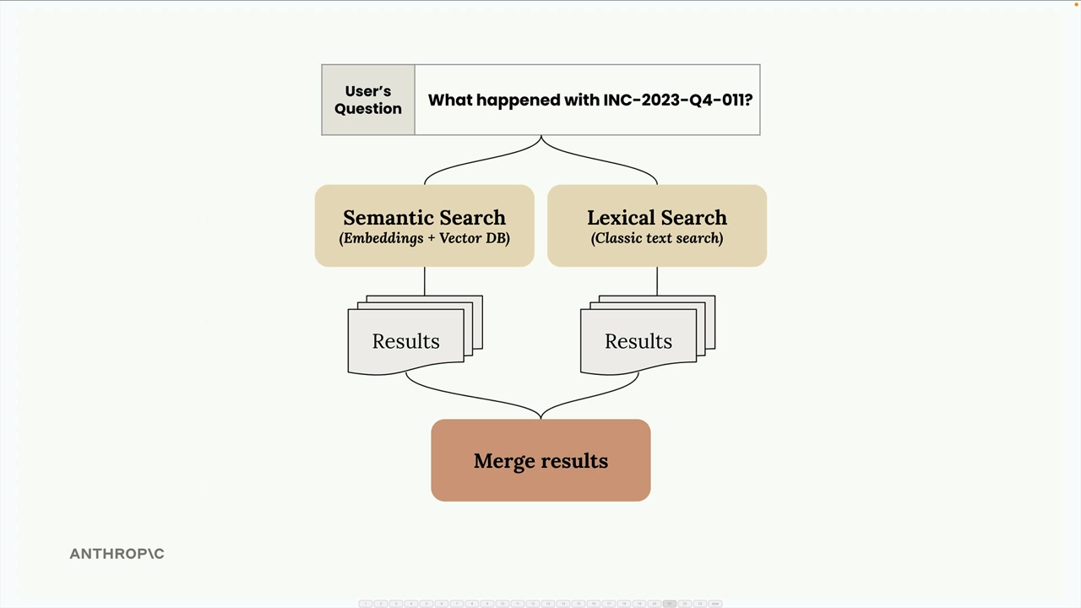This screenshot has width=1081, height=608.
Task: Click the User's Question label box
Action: point(368,100)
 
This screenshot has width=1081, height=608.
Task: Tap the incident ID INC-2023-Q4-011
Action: point(674,100)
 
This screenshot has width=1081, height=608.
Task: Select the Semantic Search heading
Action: point(424,218)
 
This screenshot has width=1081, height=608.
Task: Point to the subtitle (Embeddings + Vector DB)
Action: point(424,238)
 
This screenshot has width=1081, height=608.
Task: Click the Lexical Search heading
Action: point(657,218)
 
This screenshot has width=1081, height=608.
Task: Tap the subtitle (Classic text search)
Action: point(657,238)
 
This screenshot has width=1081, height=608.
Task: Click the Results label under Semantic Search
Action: point(406,341)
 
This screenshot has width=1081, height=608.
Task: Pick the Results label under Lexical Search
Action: point(638,341)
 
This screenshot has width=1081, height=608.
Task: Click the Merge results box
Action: point(540,460)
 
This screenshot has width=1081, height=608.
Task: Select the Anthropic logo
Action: point(117,554)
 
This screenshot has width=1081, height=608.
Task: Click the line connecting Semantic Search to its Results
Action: point(425,281)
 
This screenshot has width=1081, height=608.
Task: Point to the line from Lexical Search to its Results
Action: point(657,281)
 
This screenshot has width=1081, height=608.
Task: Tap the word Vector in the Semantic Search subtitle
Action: point(461,238)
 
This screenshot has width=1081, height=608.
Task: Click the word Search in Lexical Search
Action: point(693,218)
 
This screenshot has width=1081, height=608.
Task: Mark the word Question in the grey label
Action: point(368,109)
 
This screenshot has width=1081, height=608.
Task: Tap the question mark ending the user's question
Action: point(748,100)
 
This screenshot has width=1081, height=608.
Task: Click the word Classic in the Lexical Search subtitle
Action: point(617,238)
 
